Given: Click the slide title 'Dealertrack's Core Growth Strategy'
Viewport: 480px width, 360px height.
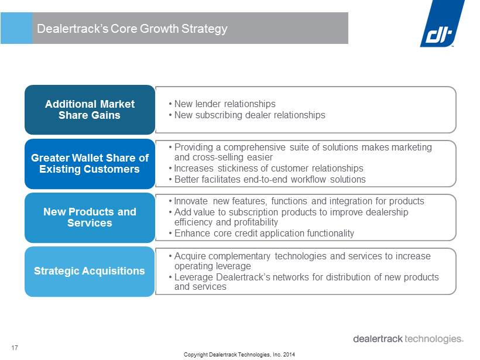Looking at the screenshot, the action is click(x=132, y=29).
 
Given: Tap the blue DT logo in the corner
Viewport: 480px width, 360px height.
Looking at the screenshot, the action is click(x=443, y=23).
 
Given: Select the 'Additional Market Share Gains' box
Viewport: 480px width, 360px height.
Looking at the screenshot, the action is click(x=90, y=110).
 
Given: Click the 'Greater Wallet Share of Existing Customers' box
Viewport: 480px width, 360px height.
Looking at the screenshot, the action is click(x=90, y=164).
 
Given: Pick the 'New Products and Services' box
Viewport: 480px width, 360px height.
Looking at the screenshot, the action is click(x=90, y=218).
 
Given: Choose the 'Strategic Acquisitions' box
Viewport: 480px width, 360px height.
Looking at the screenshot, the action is click(x=90, y=272).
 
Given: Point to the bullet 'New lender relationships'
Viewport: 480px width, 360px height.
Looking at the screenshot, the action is click(x=222, y=104).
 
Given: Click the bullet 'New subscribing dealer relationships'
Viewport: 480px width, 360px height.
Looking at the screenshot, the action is click(x=247, y=115).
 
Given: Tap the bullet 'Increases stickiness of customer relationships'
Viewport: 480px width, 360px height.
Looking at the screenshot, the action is click(x=266, y=169).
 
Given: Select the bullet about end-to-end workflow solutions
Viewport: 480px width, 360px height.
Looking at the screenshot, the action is click(x=267, y=179).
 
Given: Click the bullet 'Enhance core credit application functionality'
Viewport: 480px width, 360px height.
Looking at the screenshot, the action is click(x=261, y=233).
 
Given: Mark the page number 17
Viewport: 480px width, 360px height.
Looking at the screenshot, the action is click(x=15, y=348).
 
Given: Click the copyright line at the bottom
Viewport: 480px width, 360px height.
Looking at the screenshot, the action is click(x=239, y=355).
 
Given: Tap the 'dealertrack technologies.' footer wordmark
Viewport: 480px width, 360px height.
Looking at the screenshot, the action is click(x=409, y=339).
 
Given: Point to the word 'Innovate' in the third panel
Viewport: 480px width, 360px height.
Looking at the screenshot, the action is click(x=191, y=201).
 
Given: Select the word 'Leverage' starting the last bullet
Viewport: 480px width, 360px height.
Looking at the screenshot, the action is click(x=194, y=277).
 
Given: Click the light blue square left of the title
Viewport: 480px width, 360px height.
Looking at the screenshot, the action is click(x=16, y=28).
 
